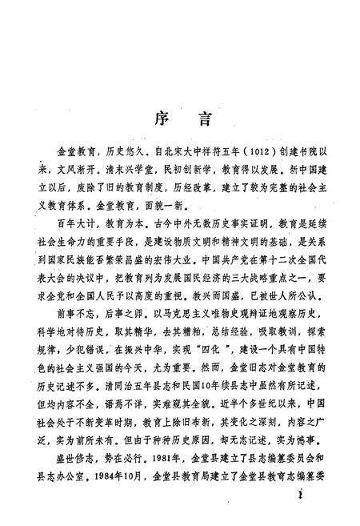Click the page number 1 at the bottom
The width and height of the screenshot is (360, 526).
point(298,517)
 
